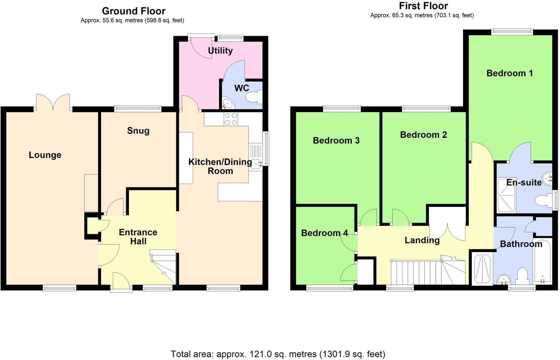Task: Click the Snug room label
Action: pos(138,131)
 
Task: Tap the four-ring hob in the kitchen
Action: pos(231,119)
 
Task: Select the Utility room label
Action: pos(220,51)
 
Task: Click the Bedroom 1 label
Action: pos(509,73)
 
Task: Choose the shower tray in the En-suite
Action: pos(506,195)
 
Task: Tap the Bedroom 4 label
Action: pos(324,233)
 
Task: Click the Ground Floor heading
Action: pos(133,11)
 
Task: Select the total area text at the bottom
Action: pos(278,354)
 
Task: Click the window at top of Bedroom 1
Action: pos(512,32)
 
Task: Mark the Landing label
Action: pos(422,240)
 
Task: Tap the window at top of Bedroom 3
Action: pos(342,109)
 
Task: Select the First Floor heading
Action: pos(423,6)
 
